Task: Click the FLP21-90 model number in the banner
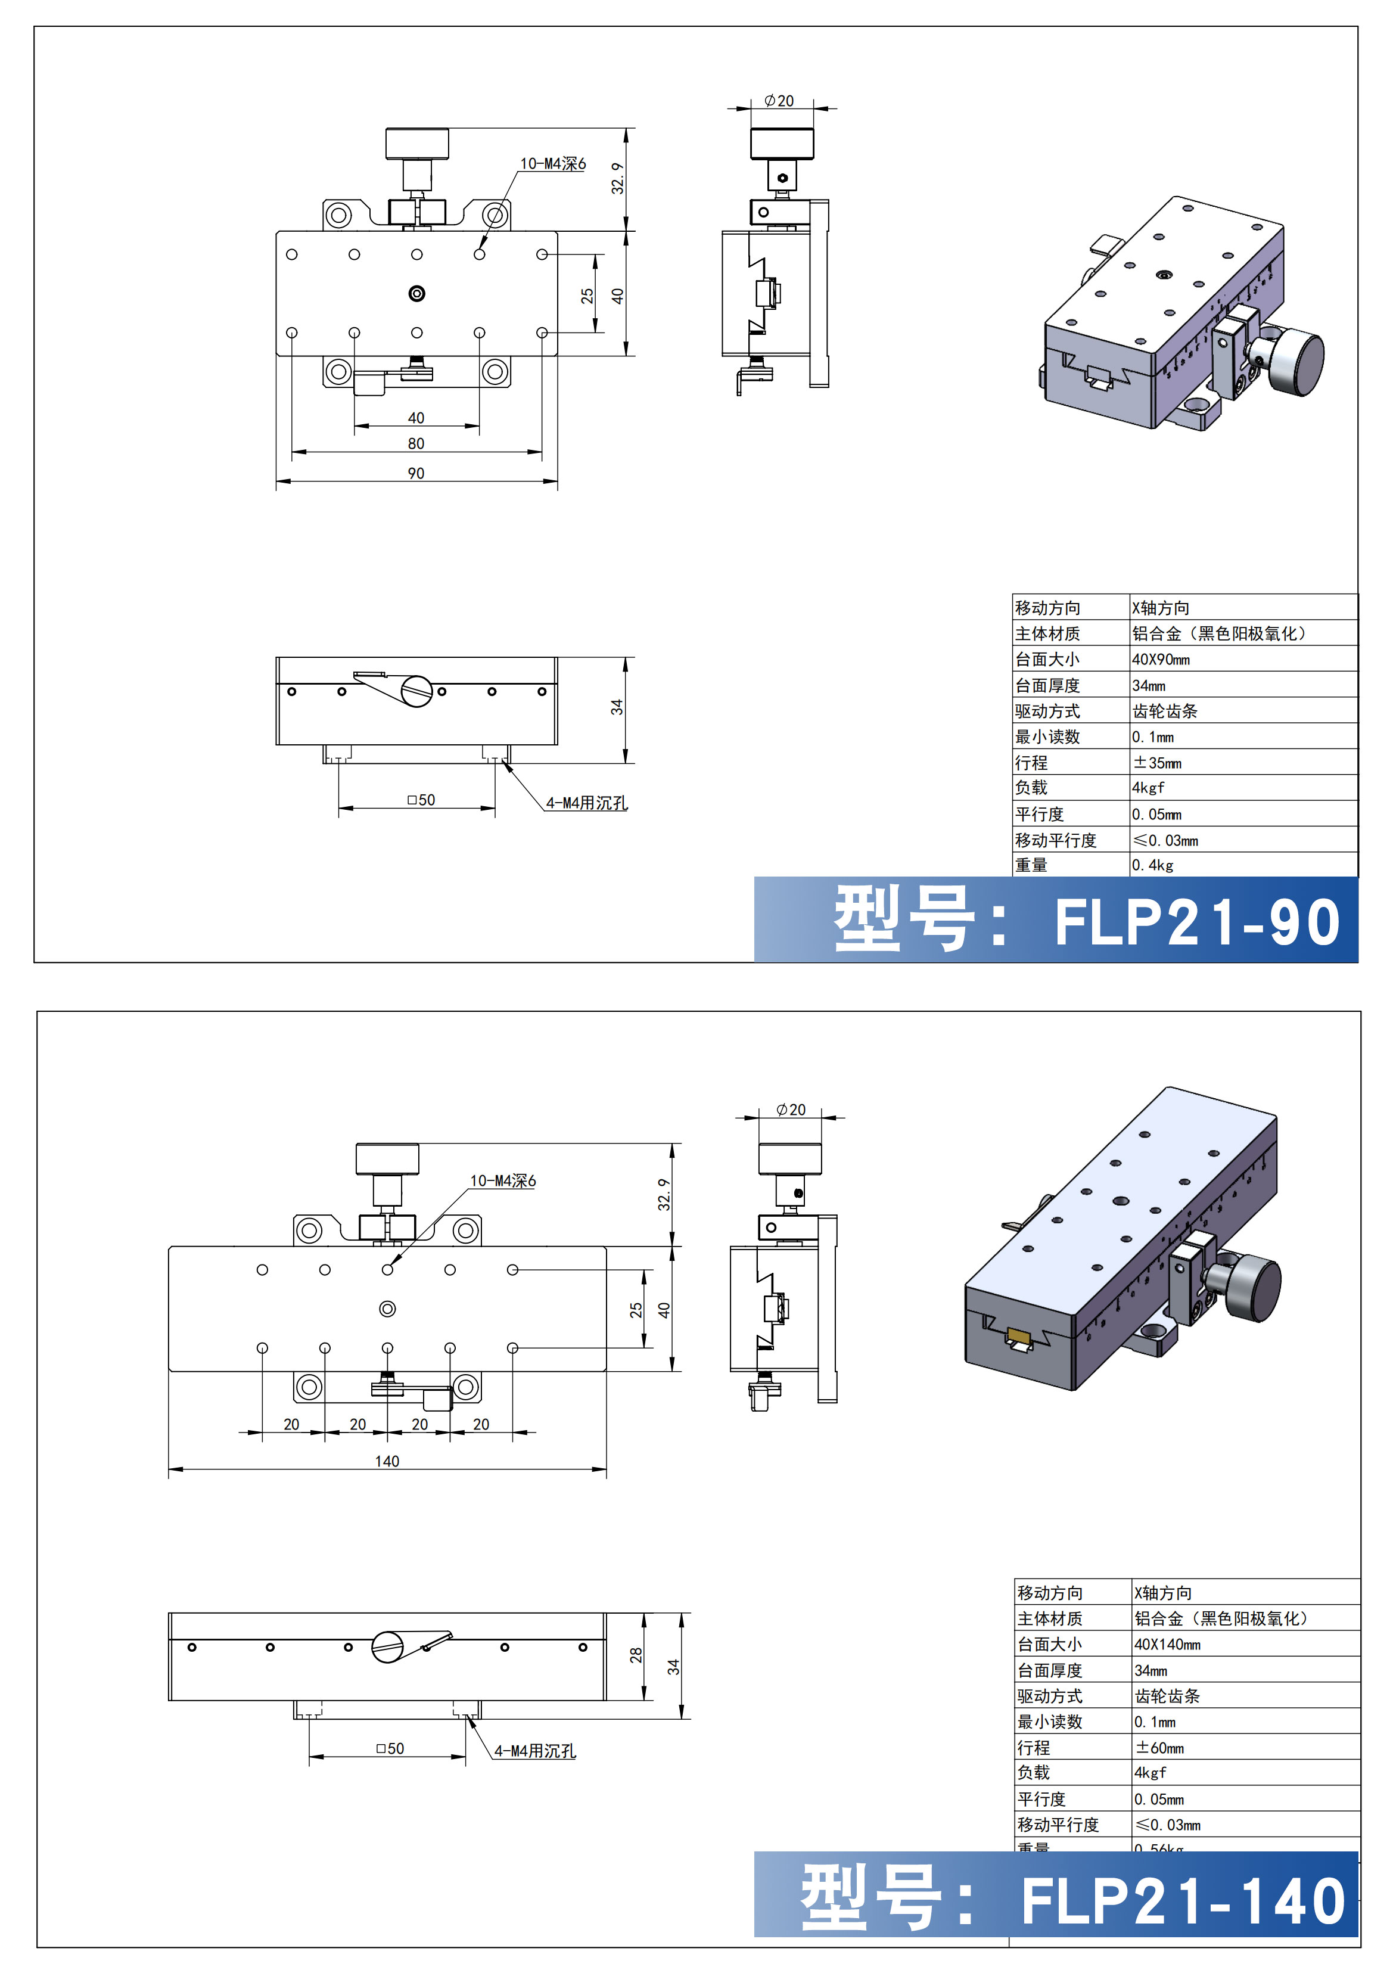(x=1196, y=922)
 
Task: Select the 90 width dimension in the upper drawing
(x=416, y=473)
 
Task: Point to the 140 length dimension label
(x=387, y=1461)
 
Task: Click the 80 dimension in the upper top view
(x=416, y=443)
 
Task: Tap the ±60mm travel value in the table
(x=1159, y=1747)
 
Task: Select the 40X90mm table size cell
(x=1161, y=659)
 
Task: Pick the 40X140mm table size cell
(x=1167, y=1644)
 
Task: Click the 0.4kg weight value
(x=1152, y=865)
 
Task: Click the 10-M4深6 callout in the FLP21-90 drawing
(x=552, y=163)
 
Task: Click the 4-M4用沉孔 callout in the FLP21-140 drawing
(x=534, y=1750)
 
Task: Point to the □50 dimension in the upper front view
(x=421, y=800)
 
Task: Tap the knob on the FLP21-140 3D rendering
(x=1255, y=1287)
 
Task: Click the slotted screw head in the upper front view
(x=417, y=691)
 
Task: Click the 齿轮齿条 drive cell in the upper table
(x=1165, y=710)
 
